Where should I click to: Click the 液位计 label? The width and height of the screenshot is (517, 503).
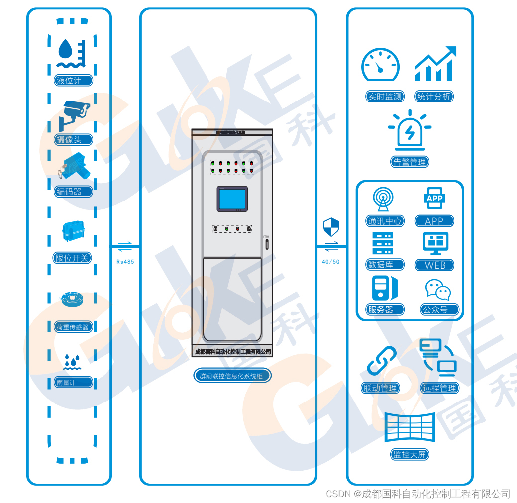pos(73,80)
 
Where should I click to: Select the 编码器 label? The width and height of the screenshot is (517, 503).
pos(73,191)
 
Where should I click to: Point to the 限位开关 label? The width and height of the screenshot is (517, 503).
pos(72,258)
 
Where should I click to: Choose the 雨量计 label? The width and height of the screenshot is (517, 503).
pos(73,382)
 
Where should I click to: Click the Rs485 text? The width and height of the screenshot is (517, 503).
pos(125,261)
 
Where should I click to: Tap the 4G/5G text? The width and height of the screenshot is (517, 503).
pos(331,261)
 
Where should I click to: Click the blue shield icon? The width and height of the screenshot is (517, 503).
pos(331,227)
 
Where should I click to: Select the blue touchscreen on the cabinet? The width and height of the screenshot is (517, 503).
pos(232,199)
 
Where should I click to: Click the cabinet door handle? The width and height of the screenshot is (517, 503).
pos(267,243)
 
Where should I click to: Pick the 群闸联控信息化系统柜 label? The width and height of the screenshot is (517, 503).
pos(232,376)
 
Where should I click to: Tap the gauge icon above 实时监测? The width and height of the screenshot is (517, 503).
pos(380,65)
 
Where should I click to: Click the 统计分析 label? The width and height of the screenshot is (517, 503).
pos(434,97)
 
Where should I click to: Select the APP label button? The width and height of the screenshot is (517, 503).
pos(434,221)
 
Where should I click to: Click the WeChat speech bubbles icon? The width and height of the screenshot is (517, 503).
pos(437,290)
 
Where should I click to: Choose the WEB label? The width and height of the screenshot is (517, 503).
pos(434,265)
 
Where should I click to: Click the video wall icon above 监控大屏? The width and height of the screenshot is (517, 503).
pos(410,427)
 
